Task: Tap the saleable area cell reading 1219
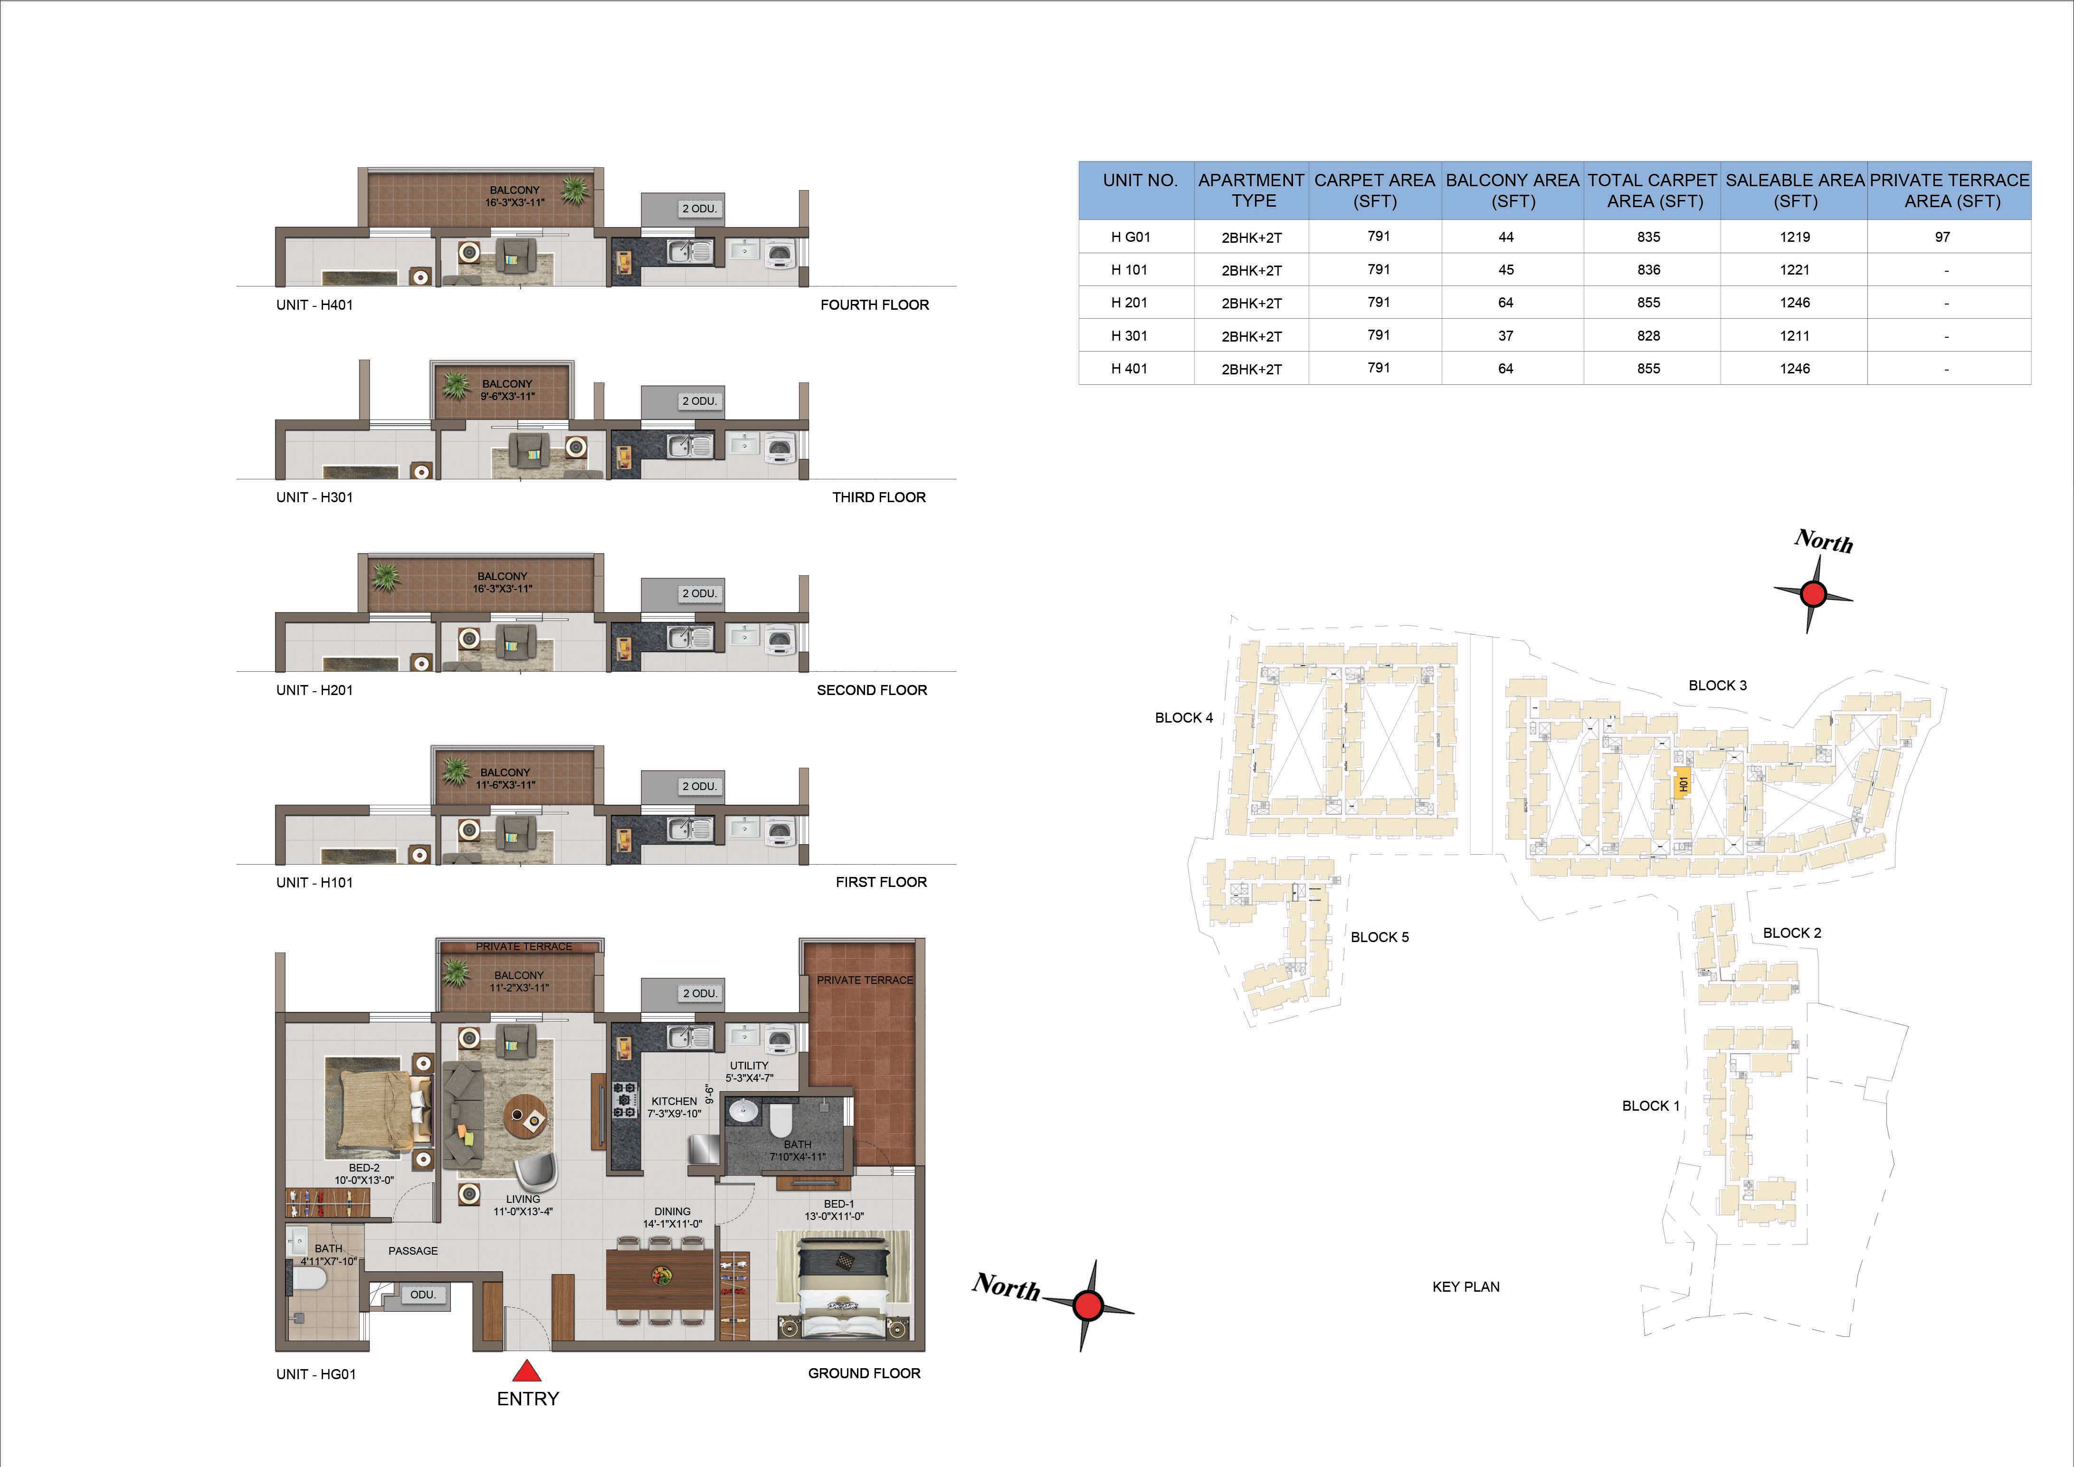click(1794, 237)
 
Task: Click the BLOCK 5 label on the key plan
click(1379, 937)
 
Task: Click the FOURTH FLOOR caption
click(875, 305)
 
